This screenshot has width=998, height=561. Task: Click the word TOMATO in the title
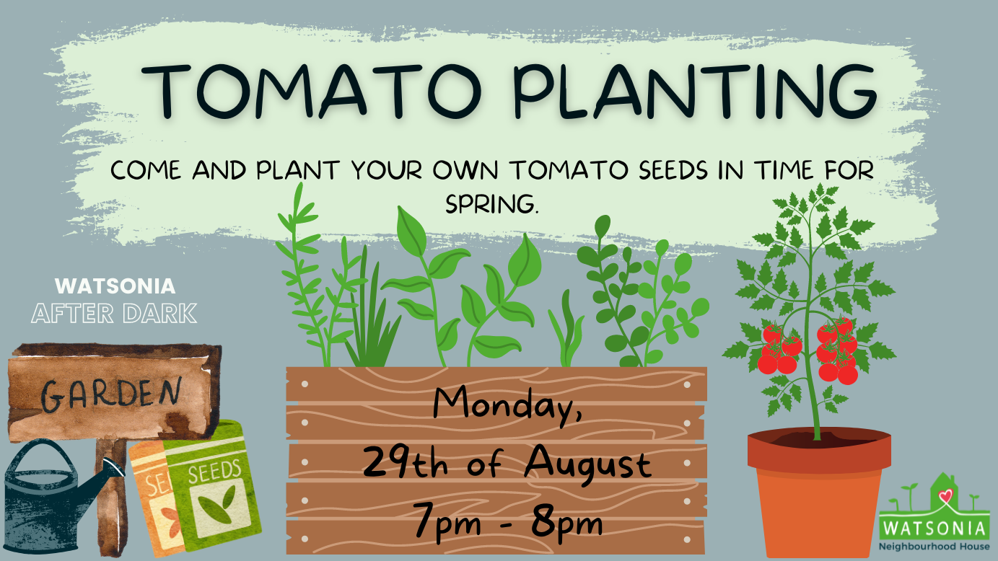click(312, 92)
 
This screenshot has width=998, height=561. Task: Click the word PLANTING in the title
click(694, 92)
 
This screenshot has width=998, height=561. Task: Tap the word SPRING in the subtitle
click(492, 204)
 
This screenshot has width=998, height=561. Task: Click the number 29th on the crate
click(406, 463)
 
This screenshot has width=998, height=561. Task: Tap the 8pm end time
click(566, 526)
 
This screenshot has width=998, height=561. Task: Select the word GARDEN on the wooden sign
click(111, 394)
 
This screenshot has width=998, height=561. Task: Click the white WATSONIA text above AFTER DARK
click(115, 286)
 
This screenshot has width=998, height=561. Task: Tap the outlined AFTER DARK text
click(114, 314)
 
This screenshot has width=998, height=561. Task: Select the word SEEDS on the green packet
click(215, 472)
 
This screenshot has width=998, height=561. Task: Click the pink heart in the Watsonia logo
click(945, 495)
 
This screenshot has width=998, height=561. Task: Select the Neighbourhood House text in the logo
click(934, 547)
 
